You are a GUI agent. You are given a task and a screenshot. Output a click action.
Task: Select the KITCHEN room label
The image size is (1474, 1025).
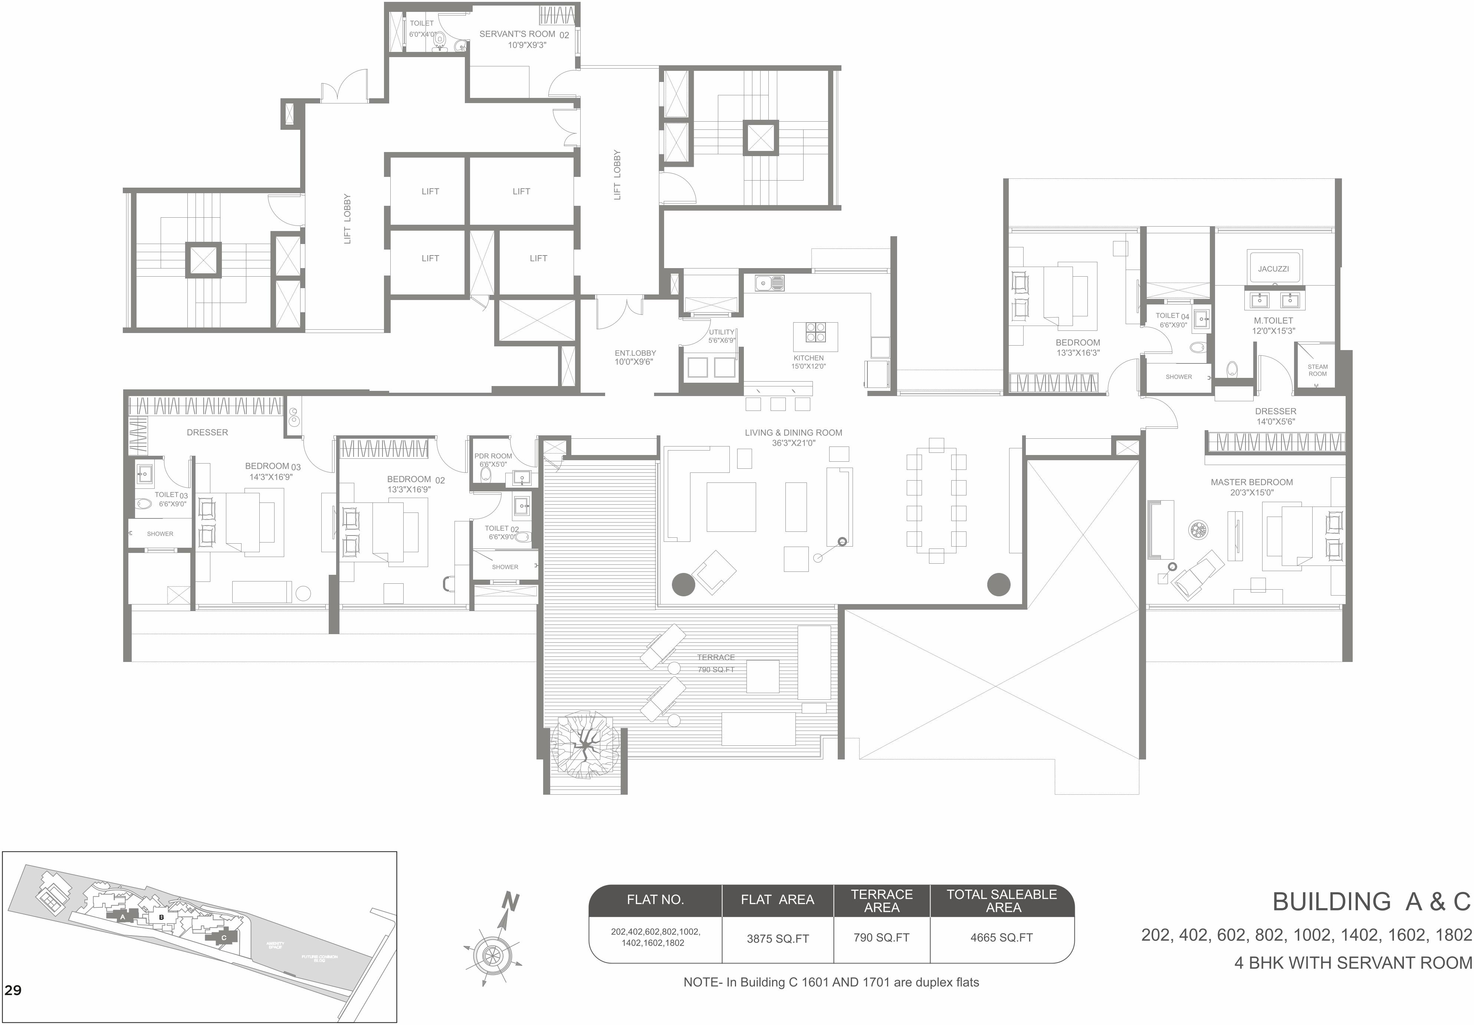(808, 358)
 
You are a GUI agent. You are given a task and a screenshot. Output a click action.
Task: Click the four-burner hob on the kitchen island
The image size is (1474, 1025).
(815, 332)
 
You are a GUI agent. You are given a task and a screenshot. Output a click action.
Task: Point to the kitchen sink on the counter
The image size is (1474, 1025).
(768, 283)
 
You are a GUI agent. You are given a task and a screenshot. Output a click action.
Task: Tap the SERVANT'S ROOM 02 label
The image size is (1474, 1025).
(524, 34)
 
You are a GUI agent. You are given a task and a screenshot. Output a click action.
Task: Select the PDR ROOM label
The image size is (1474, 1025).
(493, 456)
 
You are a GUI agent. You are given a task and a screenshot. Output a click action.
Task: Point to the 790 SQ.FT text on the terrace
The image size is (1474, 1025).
(716, 669)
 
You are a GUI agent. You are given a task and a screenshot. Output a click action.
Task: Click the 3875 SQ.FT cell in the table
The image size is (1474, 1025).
(778, 938)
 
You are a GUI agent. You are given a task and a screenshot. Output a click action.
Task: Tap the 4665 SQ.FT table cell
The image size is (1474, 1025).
(1001, 938)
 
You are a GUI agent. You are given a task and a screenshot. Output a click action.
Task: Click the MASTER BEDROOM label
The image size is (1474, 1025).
(1252, 482)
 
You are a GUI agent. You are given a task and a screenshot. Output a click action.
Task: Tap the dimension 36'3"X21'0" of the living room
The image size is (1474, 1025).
(794, 443)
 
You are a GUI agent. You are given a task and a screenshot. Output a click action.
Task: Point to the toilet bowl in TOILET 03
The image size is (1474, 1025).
(144, 503)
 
